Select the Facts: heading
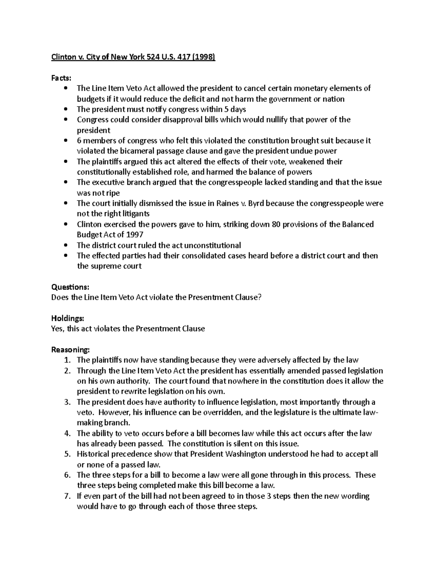[61, 78]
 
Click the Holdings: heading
[68, 318]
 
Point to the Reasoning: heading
[70, 350]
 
